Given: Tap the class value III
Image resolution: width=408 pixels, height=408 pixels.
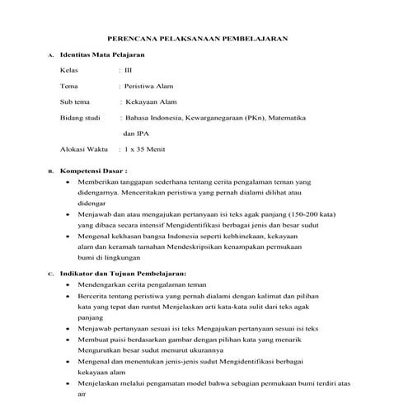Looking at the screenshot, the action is click(x=128, y=70).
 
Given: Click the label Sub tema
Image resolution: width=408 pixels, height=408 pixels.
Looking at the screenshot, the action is click(x=76, y=102).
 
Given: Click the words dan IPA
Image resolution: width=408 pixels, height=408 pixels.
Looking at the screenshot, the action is click(x=136, y=134).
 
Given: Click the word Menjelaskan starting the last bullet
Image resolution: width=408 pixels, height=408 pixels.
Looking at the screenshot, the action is click(x=99, y=382).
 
